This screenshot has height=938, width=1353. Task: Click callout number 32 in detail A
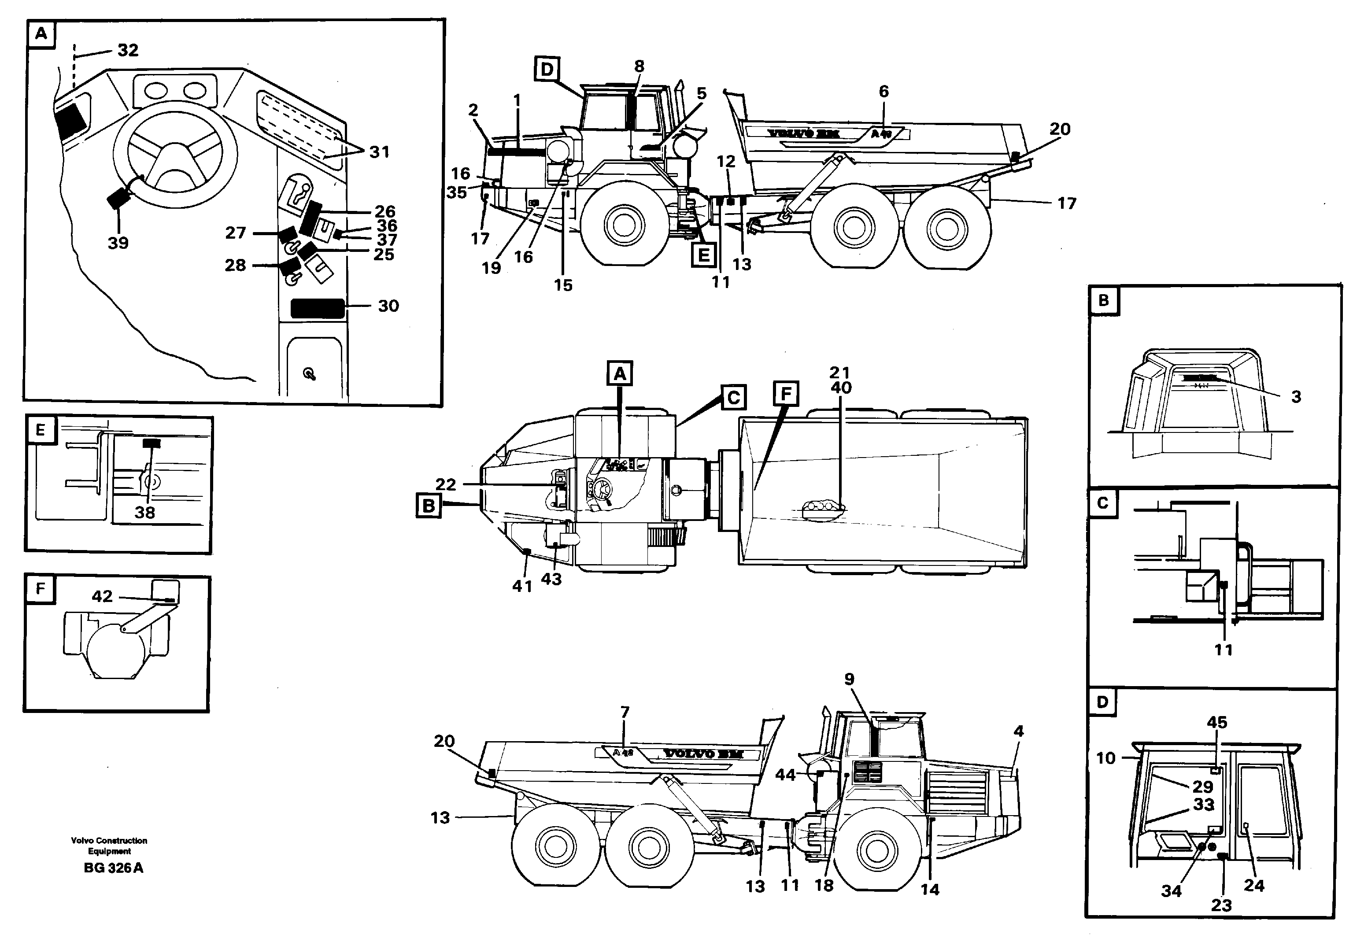128,51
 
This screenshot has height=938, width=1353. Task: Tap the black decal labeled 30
318,308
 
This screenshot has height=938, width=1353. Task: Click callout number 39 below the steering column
118,243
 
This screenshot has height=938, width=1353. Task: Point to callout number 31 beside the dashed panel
380,152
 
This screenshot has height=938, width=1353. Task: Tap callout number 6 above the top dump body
884,91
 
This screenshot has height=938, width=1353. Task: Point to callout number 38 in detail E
144,513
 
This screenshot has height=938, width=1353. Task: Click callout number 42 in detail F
102,597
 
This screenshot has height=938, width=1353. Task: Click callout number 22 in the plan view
446,484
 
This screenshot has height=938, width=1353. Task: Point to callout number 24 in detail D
1253,886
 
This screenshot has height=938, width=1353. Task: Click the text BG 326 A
114,868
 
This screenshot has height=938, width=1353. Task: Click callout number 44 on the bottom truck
785,775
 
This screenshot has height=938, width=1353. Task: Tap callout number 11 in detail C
1223,650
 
